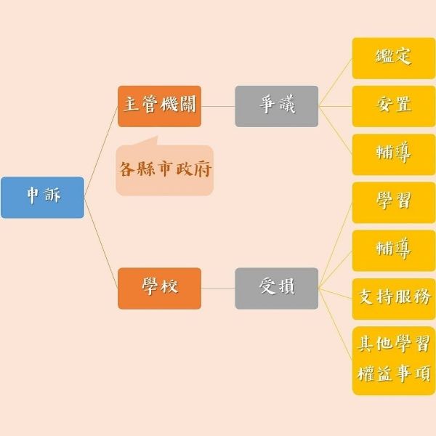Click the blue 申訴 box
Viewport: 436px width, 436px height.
[42, 197]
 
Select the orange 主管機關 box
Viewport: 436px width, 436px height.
[159, 106]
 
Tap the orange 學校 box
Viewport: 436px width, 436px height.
[159, 288]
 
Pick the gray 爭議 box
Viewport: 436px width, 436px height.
[276, 106]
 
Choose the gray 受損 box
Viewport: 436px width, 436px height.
[276, 288]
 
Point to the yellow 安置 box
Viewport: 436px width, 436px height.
[393, 106]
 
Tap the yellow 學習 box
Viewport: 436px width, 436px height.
[393, 202]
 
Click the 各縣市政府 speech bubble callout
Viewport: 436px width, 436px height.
[165, 170]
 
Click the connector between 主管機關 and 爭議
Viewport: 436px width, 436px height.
[218, 106]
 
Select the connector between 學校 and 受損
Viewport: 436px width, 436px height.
[218, 288]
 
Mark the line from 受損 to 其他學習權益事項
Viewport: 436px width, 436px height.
[336, 324]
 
